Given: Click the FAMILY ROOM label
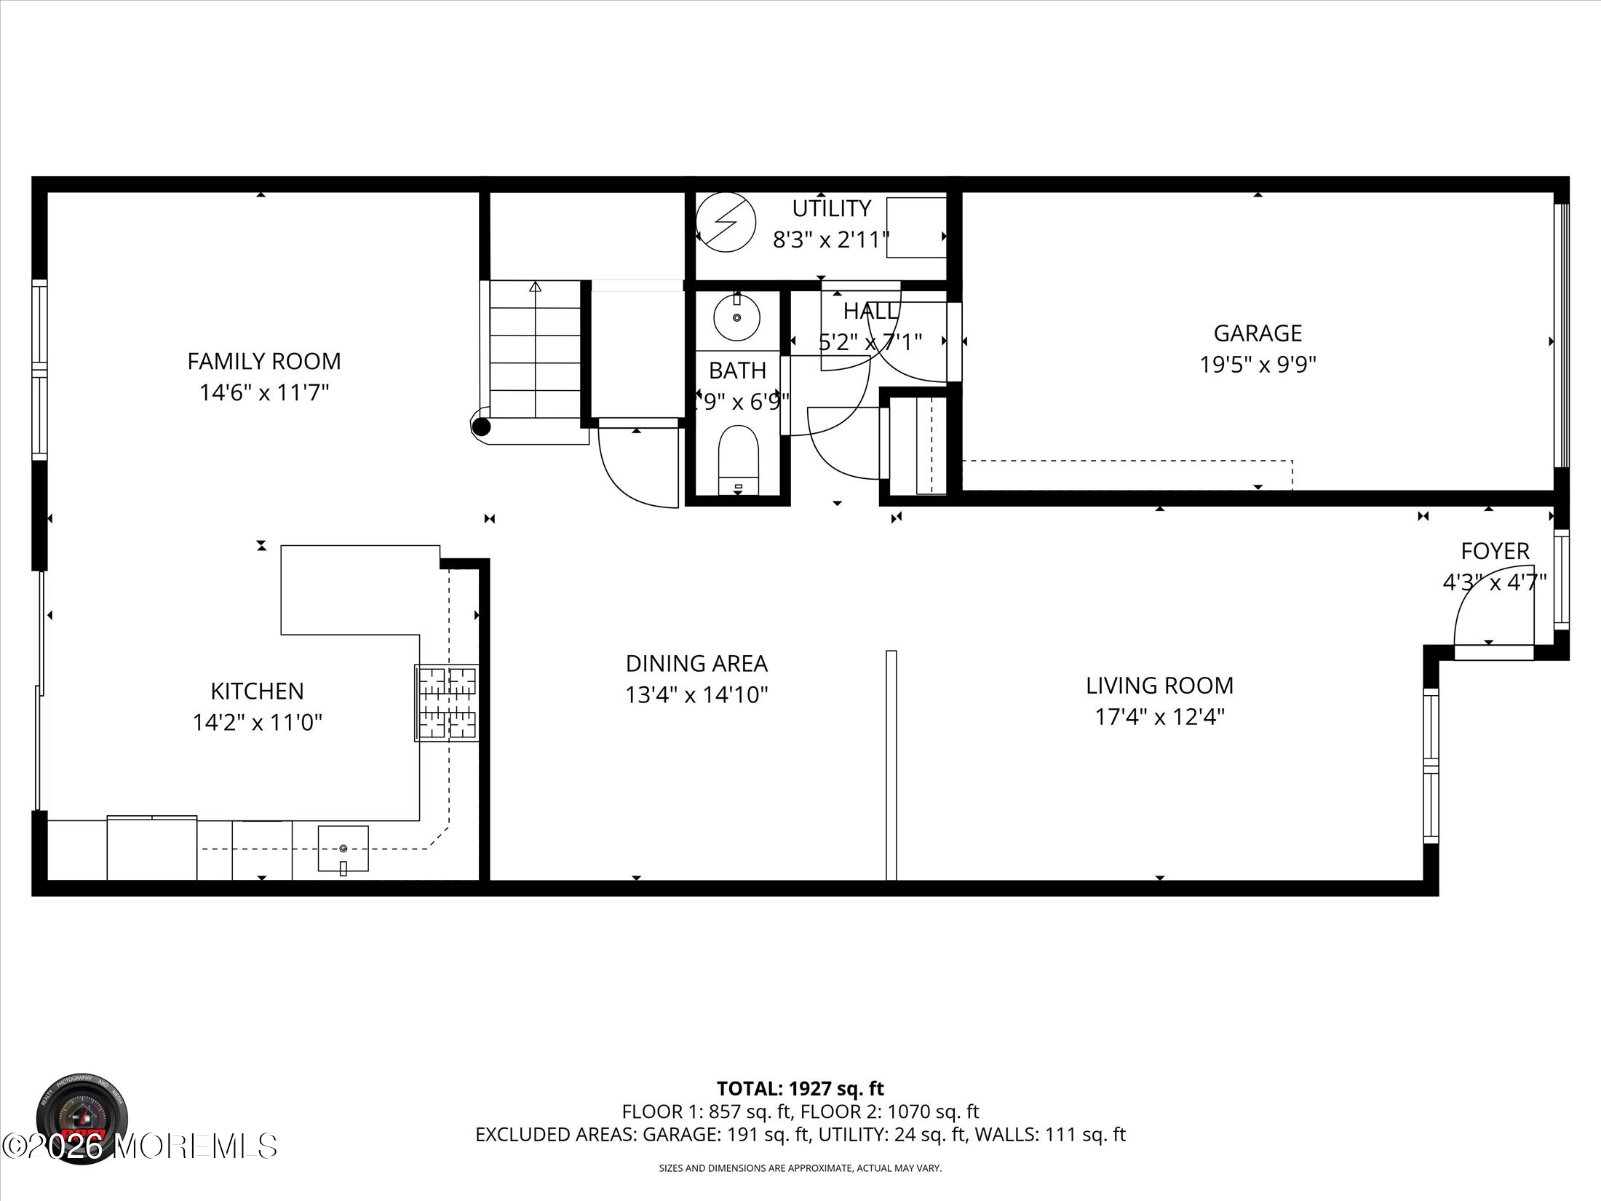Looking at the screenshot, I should [x=263, y=361].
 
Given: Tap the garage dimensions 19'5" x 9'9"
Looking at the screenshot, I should [x=1258, y=364].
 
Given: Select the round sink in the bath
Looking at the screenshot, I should [x=736, y=318].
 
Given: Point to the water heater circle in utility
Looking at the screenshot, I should [x=726, y=222].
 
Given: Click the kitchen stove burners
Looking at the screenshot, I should [x=447, y=703].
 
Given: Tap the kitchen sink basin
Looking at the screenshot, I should [x=343, y=847].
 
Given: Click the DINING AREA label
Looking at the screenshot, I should [x=696, y=663].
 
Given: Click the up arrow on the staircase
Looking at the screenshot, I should [x=536, y=287].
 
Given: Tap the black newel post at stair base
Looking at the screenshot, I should [x=481, y=427].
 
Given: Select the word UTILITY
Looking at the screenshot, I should [x=831, y=209].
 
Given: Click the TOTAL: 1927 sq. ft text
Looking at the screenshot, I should [x=800, y=1109].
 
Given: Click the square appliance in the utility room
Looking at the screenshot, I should [x=915, y=227].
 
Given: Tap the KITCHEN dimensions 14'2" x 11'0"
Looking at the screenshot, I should [x=257, y=723].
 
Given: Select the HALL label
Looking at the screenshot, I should [x=870, y=312].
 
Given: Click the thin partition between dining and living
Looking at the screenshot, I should [x=891, y=764].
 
